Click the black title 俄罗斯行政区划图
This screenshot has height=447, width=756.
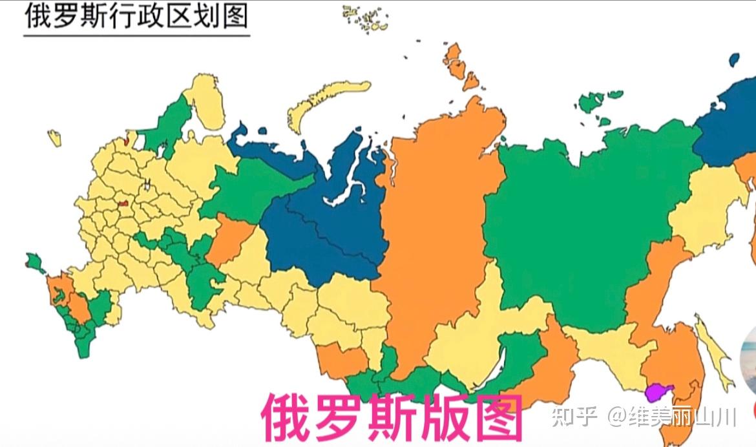136,16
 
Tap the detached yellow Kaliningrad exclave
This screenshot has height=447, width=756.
55,138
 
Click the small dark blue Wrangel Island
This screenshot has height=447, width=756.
734,59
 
